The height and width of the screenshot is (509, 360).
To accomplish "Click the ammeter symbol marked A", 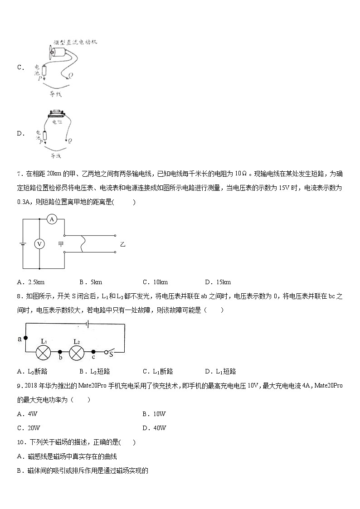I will [52, 219].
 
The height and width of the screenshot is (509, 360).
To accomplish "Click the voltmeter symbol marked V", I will [39, 244].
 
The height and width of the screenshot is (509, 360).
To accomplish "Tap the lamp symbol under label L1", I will [44, 352].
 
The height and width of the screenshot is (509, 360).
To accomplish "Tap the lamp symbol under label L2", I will [77, 352].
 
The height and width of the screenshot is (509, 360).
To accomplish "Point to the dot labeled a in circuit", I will [25, 338].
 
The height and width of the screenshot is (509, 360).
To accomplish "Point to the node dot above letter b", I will [60, 352].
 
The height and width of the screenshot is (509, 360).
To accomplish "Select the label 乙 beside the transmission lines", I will [122, 244].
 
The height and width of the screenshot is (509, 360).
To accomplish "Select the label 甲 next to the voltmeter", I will [61, 244].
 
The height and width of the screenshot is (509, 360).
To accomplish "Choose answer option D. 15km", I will [218, 282].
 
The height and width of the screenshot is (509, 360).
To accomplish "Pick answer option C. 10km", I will [155, 282].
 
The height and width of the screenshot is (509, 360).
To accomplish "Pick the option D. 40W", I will [154, 428].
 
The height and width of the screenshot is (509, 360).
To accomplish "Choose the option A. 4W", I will [27, 414].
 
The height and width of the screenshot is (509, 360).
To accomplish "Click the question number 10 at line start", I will [20, 442].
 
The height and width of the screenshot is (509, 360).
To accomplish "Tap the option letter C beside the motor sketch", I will [20, 68].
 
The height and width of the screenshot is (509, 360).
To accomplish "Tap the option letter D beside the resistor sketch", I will [20, 133].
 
